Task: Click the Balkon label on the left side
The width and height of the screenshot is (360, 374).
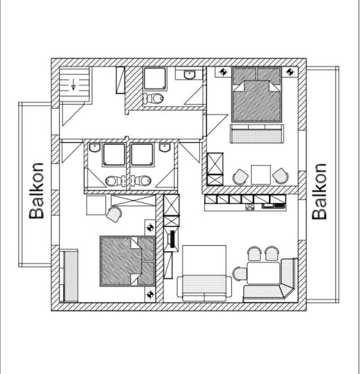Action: coord(36,191)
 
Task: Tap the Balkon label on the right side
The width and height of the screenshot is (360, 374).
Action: coord(319,192)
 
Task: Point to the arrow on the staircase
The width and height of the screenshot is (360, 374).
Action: coord(74,84)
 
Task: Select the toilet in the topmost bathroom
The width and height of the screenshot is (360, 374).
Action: coord(153,98)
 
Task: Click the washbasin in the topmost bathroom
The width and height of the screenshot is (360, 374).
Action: coord(190,75)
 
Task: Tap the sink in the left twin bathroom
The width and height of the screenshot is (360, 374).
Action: coord(95,147)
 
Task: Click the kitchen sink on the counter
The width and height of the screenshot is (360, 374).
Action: coord(250,207)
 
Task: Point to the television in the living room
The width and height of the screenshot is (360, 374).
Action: coord(172,239)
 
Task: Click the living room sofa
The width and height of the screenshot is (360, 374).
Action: coord(204,288)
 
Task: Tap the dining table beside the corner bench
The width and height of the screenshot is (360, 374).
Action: coord(263,273)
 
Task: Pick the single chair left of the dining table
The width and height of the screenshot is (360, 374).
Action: coord(239,274)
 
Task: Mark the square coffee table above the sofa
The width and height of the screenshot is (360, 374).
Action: coord(204,260)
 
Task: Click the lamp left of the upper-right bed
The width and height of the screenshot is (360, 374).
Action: coord(223,72)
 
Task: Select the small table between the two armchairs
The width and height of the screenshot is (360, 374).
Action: coord(261,175)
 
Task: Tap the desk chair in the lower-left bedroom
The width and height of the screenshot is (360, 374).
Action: coord(114,214)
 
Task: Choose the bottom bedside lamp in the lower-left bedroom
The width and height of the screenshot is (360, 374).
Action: coord(150,295)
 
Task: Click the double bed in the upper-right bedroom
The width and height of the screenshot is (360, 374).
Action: coord(256,95)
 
